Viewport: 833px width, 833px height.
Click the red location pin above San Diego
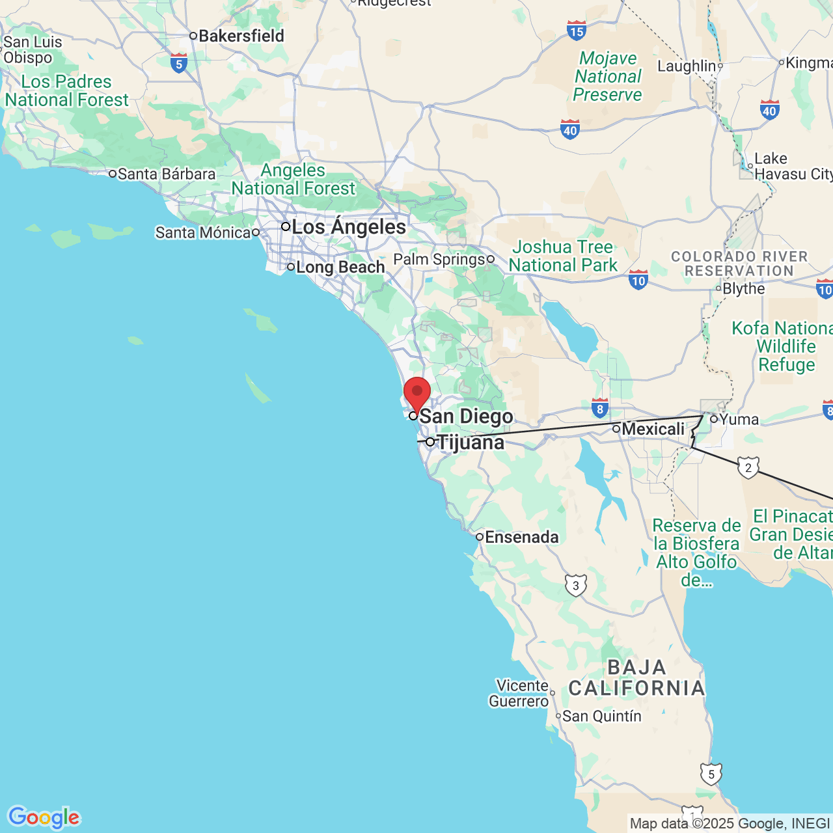coord(417,393)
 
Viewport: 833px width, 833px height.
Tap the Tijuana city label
coord(470,443)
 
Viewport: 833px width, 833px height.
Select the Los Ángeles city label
coord(349,227)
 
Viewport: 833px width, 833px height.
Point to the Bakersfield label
coord(241,36)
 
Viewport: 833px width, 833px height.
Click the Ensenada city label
coord(521,537)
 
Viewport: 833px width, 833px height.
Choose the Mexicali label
coord(653,429)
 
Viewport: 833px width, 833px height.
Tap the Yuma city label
coord(739,420)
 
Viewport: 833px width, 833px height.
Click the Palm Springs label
coord(439,259)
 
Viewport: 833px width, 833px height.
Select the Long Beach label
coord(340,267)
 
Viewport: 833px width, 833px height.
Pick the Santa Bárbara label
coord(166,174)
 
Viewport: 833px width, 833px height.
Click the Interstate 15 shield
coord(577,30)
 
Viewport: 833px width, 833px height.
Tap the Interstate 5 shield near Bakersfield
coord(179,63)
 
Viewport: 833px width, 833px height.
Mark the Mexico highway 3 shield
coord(575,585)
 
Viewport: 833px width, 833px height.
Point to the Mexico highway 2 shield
coord(748,467)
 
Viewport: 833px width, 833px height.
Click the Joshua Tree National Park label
coord(563,256)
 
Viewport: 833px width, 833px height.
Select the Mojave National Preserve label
coord(608,76)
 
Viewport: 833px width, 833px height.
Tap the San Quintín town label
coord(601,716)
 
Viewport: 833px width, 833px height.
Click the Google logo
coord(44,817)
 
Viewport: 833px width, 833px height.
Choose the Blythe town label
coord(743,288)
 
